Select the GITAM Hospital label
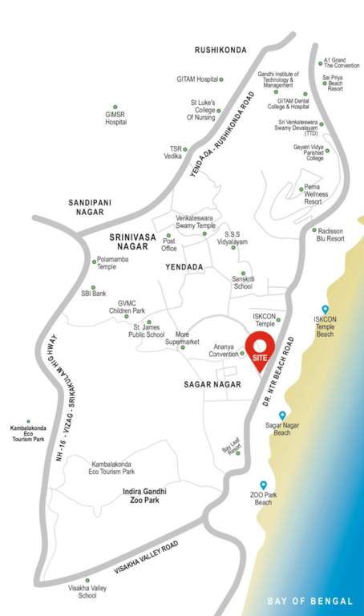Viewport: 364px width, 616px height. pos(197,79)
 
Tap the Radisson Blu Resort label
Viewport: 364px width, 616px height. pos(329,234)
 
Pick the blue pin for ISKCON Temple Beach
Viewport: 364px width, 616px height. pos(325,310)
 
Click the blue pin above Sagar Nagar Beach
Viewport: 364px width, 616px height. pos(282,415)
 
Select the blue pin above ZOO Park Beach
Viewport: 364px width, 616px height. pos(263,485)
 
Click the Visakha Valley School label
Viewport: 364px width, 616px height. pos(87,592)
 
